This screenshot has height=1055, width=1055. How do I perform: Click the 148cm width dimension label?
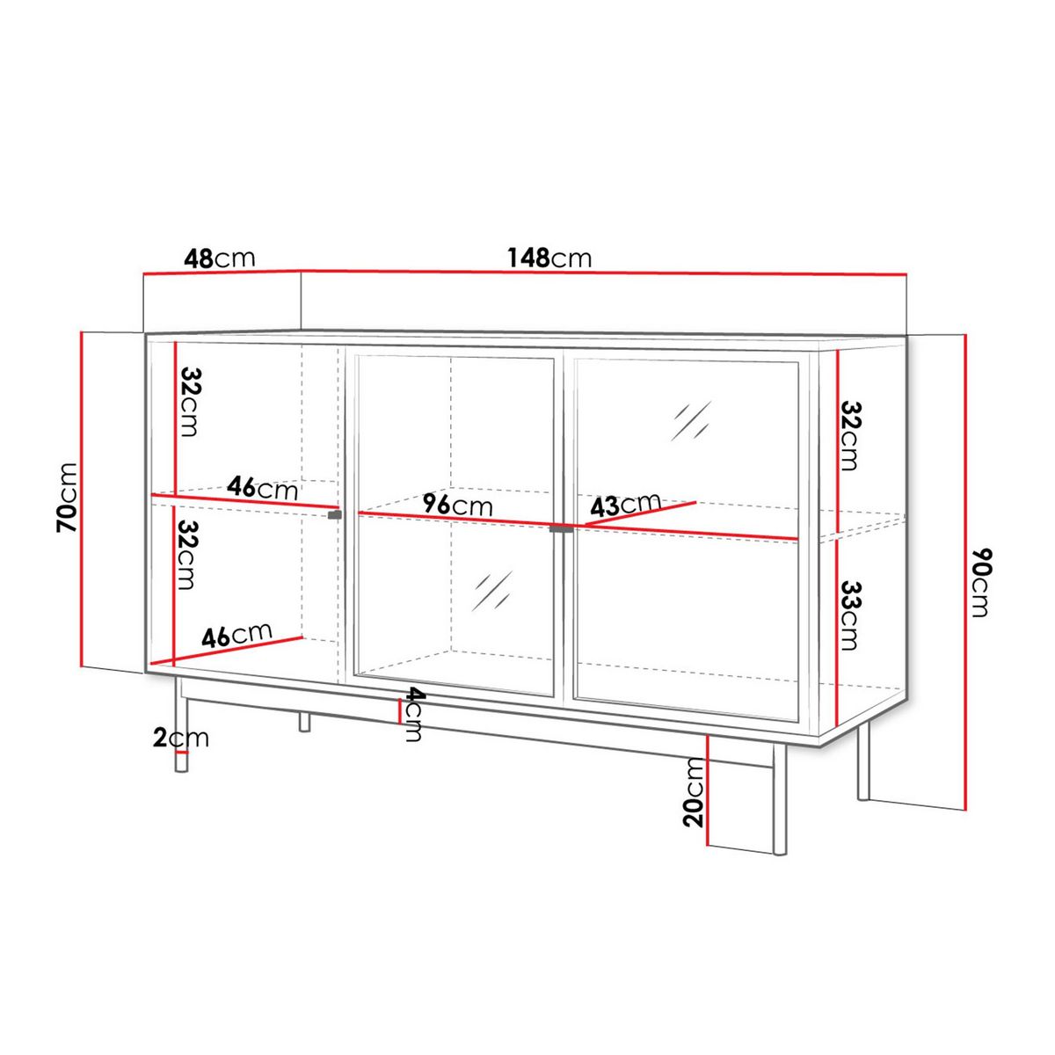(x=549, y=258)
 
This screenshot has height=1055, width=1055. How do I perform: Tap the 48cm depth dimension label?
(x=219, y=258)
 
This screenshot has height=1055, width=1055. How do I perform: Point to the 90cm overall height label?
(x=982, y=583)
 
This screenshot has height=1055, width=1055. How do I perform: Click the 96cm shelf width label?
(x=456, y=505)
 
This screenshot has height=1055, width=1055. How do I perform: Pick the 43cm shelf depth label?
(x=625, y=505)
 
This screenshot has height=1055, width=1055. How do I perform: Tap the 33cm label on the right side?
(x=849, y=615)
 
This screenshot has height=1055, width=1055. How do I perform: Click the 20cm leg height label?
(x=695, y=793)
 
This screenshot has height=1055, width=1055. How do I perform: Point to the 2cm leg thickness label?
(x=181, y=738)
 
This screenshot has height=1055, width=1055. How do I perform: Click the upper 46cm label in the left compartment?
(x=262, y=487)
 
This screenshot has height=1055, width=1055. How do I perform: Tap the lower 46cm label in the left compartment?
(x=236, y=635)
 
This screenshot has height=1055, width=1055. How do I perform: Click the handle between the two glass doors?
(x=560, y=528)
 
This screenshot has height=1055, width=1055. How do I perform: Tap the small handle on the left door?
(x=334, y=514)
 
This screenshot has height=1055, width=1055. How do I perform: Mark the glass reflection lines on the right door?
(x=690, y=421)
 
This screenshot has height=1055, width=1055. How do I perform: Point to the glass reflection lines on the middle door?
(x=492, y=591)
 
